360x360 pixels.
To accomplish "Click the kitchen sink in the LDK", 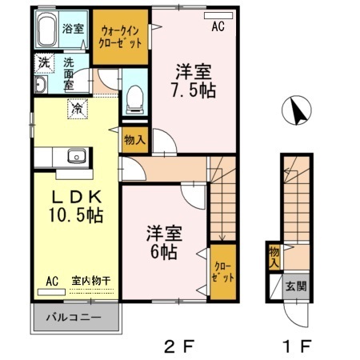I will pyautogui.click(x=77, y=155).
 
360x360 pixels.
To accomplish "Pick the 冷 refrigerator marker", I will pyautogui.click(x=78, y=106).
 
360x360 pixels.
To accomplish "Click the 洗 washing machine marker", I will pyautogui.click(x=41, y=61).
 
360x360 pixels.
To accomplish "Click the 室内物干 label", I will pyautogui.click(x=90, y=281).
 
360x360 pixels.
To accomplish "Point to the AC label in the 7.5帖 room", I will pyautogui.click(x=218, y=26).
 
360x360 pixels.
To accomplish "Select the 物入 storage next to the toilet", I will pyautogui.click(x=134, y=139).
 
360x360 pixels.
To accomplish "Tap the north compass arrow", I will pyautogui.click(x=298, y=111).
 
